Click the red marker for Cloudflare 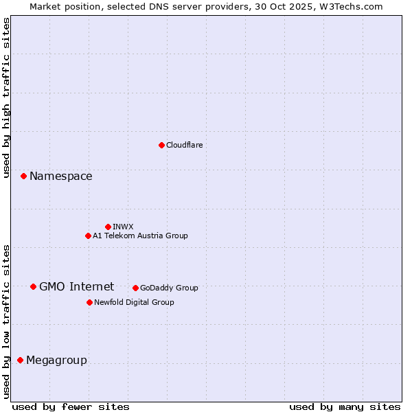pyautogui.click(x=161, y=145)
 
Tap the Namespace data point pyautogui.click(x=23, y=176)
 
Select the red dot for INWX pyautogui.click(x=108, y=227)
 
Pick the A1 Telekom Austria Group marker pyautogui.click(x=88, y=236)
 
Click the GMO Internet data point pyautogui.click(x=33, y=286)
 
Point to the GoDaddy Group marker pyautogui.click(x=135, y=288)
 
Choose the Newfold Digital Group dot pyautogui.click(x=89, y=302)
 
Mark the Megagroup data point pyautogui.click(x=20, y=360)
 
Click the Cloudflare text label pyautogui.click(x=184, y=145)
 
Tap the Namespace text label pyautogui.click(x=60, y=176)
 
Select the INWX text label pyautogui.click(x=123, y=227)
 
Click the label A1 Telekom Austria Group pyautogui.click(x=140, y=236)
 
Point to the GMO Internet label pyautogui.click(x=76, y=286)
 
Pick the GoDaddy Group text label pyautogui.click(x=169, y=288)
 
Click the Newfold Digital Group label pyautogui.click(x=134, y=302)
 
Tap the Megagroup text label pyautogui.click(x=56, y=360)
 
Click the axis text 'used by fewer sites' pyautogui.click(x=71, y=407)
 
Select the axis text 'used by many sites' pyautogui.click(x=345, y=407)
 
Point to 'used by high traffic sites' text pyautogui.click(x=7, y=98)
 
